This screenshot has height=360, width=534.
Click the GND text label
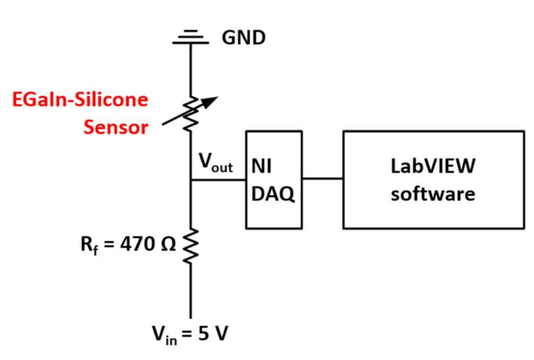[x=244, y=38]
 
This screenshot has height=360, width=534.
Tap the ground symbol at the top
[x=190, y=37]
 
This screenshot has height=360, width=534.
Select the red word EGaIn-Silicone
[x=80, y=100]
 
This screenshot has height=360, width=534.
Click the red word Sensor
[x=116, y=126]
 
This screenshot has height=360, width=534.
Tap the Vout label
[x=216, y=163]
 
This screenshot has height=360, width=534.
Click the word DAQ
[x=273, y=194]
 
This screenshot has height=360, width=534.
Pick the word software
[x=433, y=193]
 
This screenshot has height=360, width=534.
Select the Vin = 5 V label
[x=190, y=333]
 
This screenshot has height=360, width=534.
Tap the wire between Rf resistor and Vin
[x=190, y=291]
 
